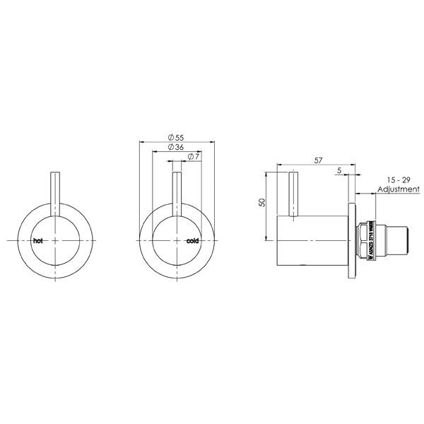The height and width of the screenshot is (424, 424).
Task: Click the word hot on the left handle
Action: pos(38,241)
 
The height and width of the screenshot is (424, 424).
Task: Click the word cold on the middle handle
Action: pos(194,241)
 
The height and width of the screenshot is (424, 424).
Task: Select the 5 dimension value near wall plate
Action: pos(341,170)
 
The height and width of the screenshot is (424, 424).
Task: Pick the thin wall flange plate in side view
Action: pos(352,241)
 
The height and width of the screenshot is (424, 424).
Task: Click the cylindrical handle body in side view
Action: pos(311,241)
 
